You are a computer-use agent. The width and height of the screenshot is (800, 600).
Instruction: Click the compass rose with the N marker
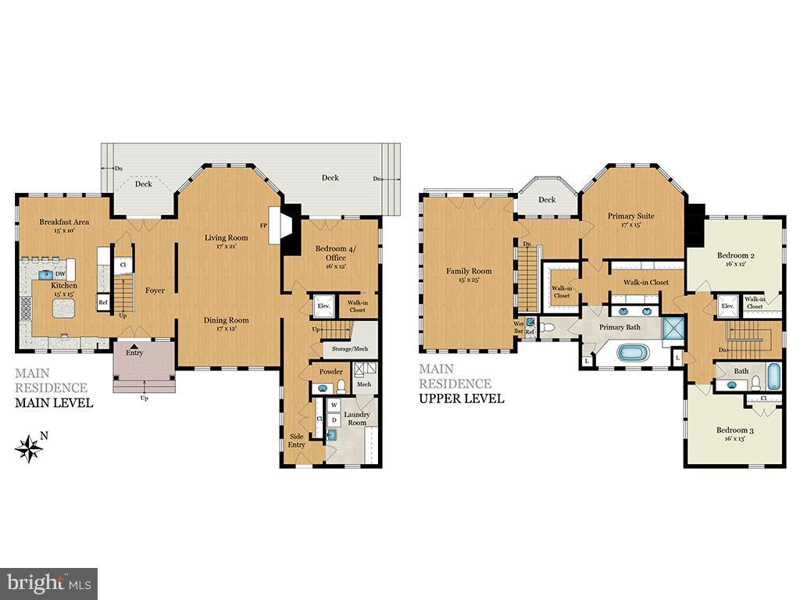pyautogui.click(x=29, y=448)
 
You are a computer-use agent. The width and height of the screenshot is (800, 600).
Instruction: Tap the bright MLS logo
pyautogui.click(x=48, y=583)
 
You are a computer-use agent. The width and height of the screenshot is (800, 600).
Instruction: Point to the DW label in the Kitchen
pyautogui.click(x=59, y=273)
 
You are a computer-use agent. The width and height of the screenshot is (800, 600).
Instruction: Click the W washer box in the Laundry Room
pyautogui.click(x=334, y=405)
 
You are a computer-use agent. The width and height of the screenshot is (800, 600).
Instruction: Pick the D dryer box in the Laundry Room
pyautogui.click(x=334, y=420)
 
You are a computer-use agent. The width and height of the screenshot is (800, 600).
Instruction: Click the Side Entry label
pyautogui.click(x=297, y=441)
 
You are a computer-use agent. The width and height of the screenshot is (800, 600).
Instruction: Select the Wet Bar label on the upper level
pyautogui.click(x=518, y=327)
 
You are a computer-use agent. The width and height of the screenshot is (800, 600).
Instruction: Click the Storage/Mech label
pyautogui.click(x=349, y=348)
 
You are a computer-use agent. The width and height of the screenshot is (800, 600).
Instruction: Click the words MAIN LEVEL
pyautogui.click(x=54, y=403)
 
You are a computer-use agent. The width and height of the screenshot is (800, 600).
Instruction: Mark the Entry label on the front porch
pyautogui.click(x=135, y=354)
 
